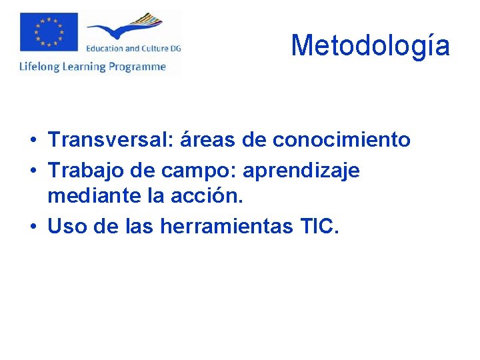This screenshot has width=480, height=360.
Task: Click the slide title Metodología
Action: pyautogui.click(x=370, y=45)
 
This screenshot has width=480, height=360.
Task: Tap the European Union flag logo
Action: pyautogui.click(x=49, y=31)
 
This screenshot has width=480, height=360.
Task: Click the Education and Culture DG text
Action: pyautogui.click(x=133, y=48)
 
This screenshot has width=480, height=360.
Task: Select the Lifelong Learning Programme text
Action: pyautogui.click(x=93, y=66)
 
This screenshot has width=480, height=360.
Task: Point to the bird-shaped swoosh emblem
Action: pyautogui.click(x=127, y=29)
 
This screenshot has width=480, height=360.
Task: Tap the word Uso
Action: pyautogui.click(x=65, y=227)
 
